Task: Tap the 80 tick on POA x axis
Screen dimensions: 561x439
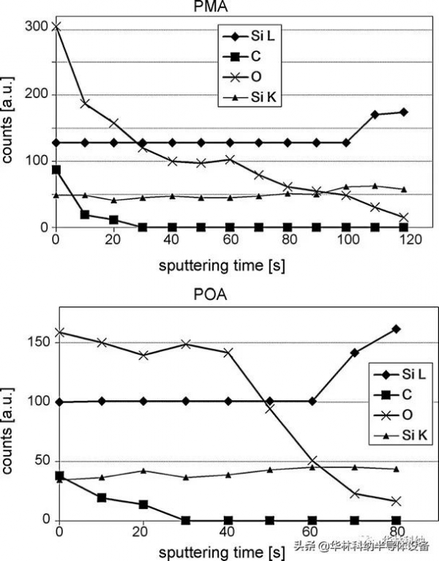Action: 396,532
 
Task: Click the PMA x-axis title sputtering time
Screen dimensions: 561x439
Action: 222,264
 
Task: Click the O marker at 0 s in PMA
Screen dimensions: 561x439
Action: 56,27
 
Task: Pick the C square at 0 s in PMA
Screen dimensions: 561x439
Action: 56,170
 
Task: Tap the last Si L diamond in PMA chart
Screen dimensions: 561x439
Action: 403,112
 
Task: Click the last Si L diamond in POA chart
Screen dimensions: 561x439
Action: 396,329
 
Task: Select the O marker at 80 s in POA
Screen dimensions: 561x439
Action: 396,501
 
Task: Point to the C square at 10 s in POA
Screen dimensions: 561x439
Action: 102,497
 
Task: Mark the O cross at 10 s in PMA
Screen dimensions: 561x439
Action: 85,103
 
